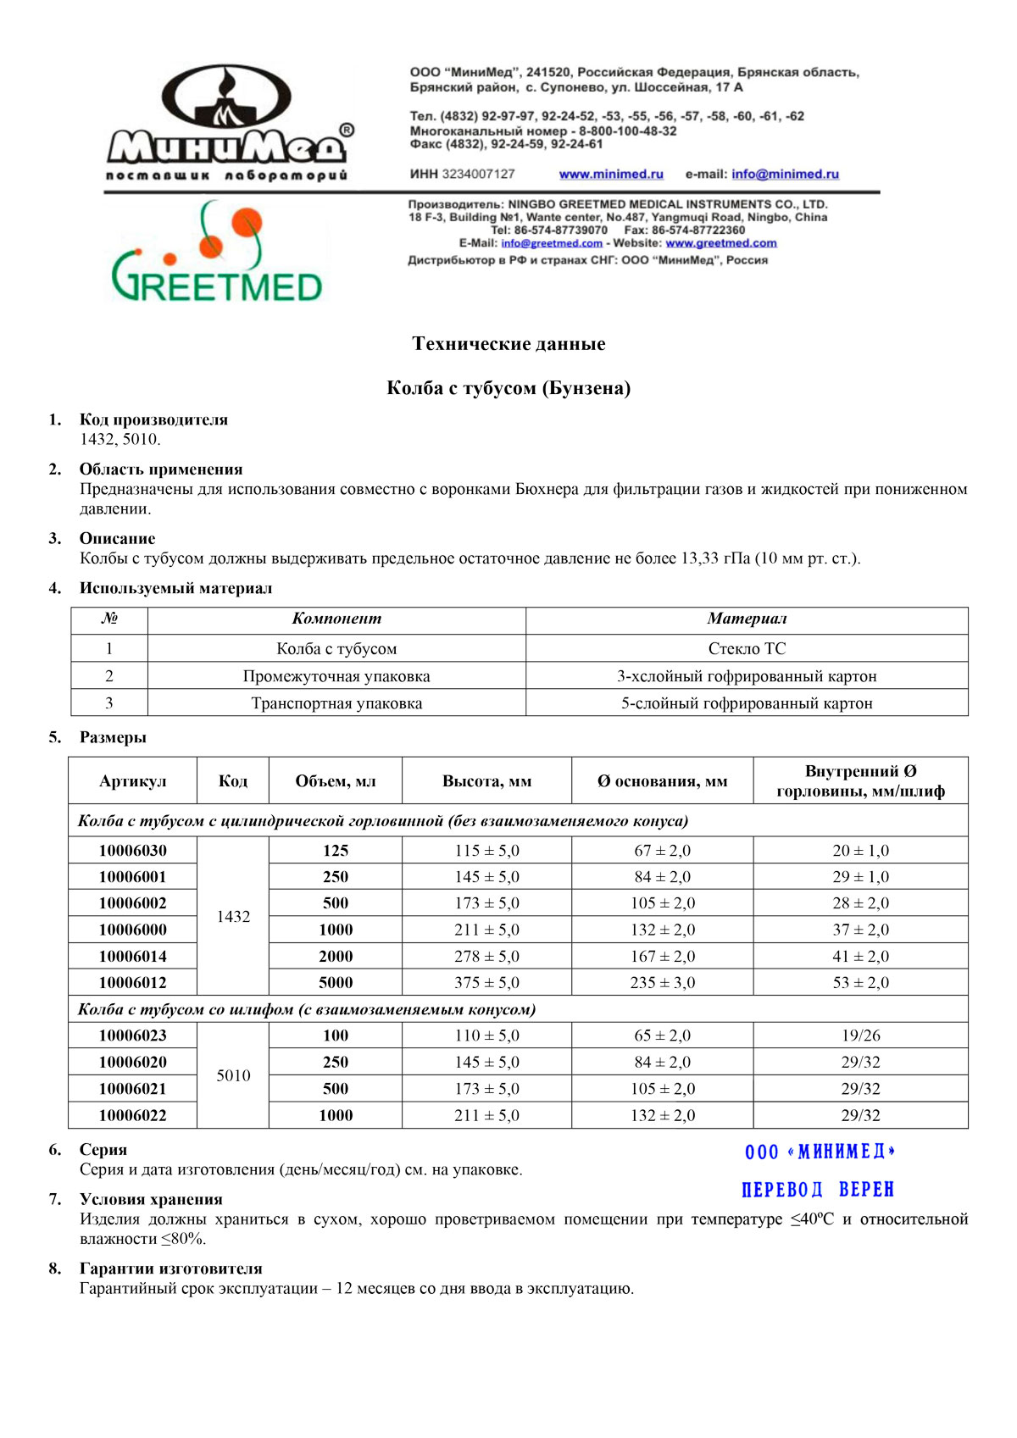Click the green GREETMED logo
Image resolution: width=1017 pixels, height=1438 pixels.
(217, 254)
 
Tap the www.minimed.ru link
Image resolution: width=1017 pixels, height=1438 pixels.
(611, 175)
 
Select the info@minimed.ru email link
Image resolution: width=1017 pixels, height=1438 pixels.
(785, 175)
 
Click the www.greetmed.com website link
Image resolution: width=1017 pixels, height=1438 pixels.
(720, 243)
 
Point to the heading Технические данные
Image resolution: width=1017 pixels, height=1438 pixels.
(508, 344)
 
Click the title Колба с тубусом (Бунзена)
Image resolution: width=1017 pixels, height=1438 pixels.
(508, 389)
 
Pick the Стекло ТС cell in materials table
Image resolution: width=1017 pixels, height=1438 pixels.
(747, 649)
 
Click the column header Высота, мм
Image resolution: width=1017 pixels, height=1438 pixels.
(486, 781)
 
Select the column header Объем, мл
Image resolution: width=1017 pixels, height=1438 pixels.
(335, 781)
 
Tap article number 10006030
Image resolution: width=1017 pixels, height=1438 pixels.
(133, 851)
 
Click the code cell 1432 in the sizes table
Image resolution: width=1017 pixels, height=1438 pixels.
(233, 917)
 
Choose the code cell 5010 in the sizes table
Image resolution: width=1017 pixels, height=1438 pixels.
(233, 1076)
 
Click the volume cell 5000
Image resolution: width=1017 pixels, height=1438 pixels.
(336, 983)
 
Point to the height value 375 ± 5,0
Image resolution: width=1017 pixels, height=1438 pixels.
(486, 983)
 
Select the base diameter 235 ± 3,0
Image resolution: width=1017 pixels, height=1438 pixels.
(662, 983)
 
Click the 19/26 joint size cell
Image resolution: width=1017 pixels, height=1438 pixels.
(860, 1036)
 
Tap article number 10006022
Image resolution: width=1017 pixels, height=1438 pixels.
(133, 1116)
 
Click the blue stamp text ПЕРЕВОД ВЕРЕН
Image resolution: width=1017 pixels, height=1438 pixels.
(818, 1190)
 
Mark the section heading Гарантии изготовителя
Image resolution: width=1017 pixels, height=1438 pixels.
(170, 1269)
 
